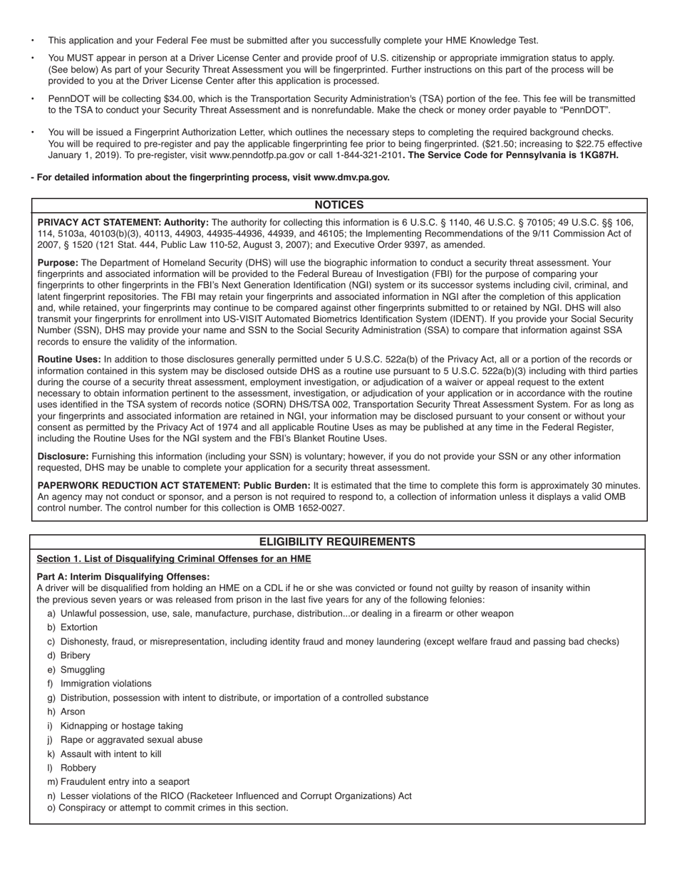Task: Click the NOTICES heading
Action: coord(338,205)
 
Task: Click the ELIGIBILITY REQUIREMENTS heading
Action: coord(337,542)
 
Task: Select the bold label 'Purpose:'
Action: coord(58,263)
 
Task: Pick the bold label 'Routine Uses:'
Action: coord(69,360)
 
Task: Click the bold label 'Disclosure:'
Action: coord(63,457)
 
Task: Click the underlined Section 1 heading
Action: coord(174,559)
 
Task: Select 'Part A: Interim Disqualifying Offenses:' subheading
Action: coord(123,577)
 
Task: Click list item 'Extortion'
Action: coord(79,627)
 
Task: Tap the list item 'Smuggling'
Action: coord(82,669)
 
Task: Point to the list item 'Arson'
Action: coord(73,711)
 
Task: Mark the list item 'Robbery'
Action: coord(78,768)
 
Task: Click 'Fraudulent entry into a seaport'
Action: coord(125,782)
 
